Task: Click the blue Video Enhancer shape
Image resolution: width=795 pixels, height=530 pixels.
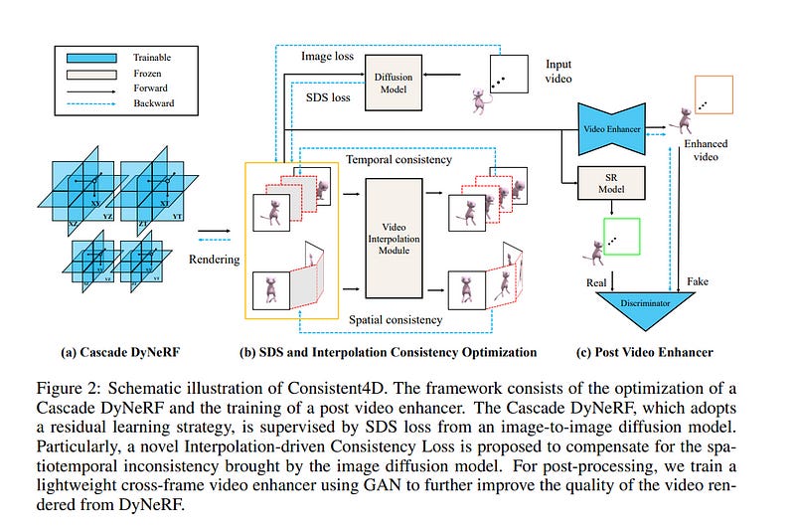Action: pyautogui.click(x=622, y=129)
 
